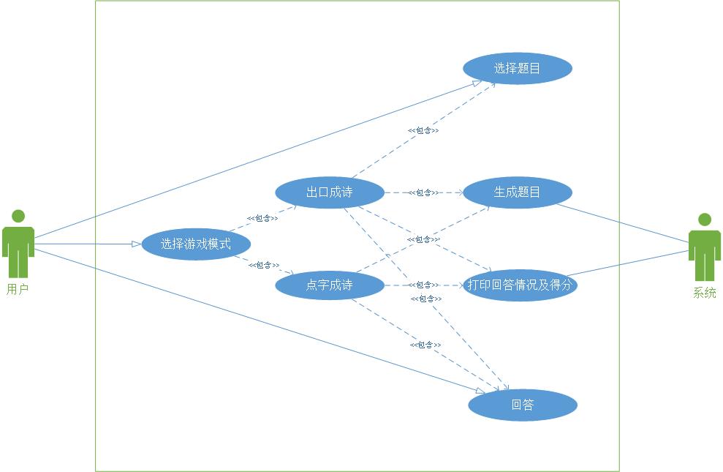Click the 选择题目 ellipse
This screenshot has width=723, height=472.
coord(517,69)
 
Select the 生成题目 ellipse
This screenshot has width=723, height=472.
coord(517,192)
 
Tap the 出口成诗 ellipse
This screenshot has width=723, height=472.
coord(329,193)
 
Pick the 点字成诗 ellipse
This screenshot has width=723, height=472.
coord(329,285)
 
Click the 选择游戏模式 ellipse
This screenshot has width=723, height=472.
coord(196,244)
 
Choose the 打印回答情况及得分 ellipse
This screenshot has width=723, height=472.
coord(519,285)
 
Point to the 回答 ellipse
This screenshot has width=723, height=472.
coord(523,405)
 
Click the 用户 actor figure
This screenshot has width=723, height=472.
coord(18,244)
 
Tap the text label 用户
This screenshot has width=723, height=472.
coord(18,290)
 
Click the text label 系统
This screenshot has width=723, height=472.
coord(705,293)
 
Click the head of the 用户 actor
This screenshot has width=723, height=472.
coord(18,216)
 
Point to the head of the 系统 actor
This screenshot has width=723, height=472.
coord(705,219)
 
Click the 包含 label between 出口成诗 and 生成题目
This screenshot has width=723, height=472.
coord(423,192)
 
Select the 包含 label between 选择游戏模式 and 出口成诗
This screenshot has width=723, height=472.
coord(262,218)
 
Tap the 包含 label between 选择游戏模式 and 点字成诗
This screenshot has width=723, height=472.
coord(264,265)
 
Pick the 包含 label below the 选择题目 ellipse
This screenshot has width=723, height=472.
coord(423,130)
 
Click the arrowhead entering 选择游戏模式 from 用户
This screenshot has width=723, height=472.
coord(136,244)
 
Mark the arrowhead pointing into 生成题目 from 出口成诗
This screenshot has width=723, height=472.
coord(459,193)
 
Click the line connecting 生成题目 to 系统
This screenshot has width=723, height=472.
coord(621,225)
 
